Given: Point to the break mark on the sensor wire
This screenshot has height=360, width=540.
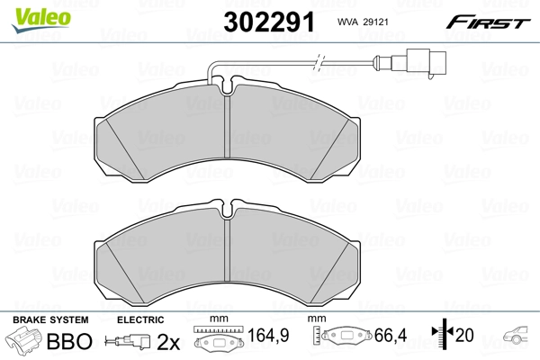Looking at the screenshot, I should pos(318,64).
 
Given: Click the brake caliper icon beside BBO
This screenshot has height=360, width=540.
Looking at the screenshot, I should pos(24,343).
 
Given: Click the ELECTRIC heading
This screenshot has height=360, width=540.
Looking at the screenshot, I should pos(140,320).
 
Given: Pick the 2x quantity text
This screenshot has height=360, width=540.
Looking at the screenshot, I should pos(168,343).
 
